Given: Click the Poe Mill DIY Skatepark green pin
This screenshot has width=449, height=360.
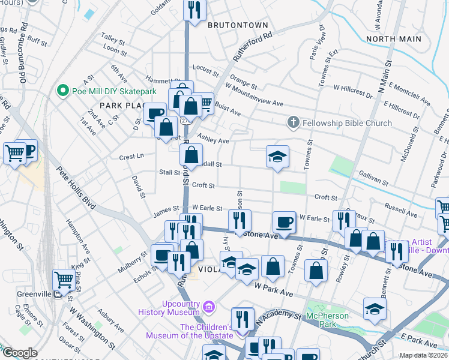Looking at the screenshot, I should (x=61, y=91).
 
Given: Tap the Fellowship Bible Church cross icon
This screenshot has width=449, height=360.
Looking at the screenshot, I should (x=293, y=123).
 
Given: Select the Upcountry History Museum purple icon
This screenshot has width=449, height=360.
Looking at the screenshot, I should (x=208, y=308).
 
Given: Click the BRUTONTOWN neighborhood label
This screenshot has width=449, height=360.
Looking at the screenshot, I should (x=238, y=25).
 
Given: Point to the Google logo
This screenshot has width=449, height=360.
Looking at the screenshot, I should (x=20, y=353).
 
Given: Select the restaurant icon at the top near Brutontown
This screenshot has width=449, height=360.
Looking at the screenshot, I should (x=194, y=9).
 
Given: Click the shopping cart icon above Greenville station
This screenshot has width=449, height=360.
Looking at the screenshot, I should (x=64, y=279).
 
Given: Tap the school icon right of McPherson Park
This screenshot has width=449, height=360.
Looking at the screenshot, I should (x=375, y=308).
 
